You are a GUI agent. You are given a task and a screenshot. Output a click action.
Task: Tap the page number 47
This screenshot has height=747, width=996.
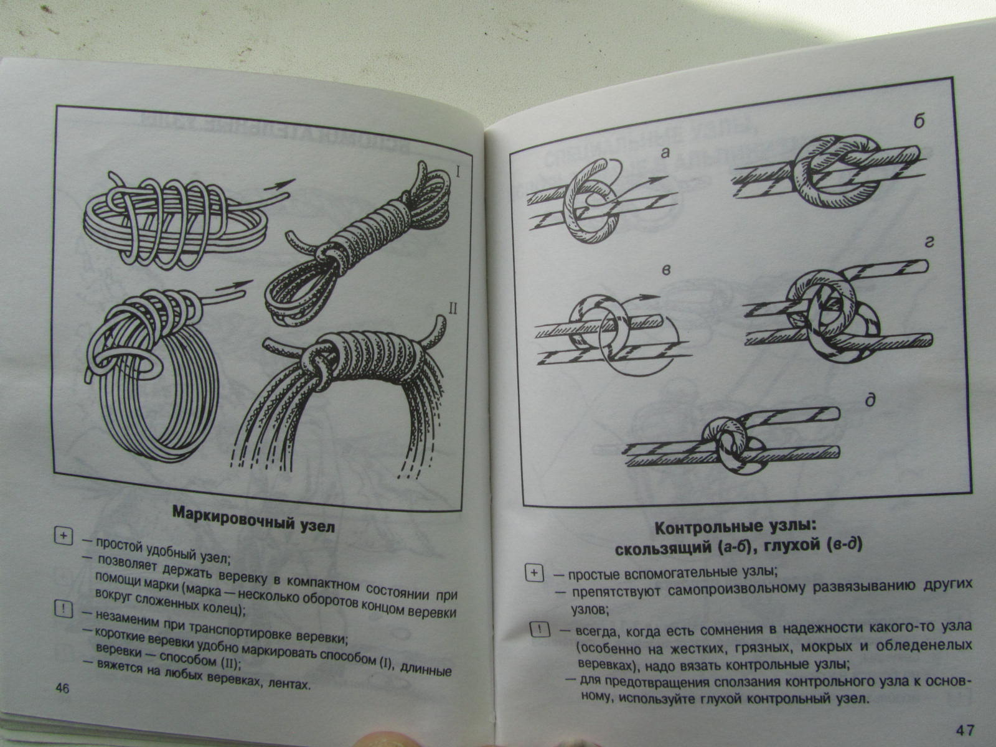(x=965, y=730)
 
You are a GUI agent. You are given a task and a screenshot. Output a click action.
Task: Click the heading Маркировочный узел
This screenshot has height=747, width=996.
(x=253, y=520)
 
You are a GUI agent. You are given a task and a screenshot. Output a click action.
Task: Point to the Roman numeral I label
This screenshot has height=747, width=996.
(x=458, y=173)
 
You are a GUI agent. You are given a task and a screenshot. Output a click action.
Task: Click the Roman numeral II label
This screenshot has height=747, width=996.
(x=453, y=309)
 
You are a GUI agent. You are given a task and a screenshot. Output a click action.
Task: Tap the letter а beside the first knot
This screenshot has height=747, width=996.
(x=664, y=153)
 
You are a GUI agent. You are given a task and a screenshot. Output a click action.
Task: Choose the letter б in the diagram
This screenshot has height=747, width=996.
(x=918, y=121)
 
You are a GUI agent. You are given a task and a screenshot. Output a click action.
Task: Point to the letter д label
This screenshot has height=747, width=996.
(x=870, y=401)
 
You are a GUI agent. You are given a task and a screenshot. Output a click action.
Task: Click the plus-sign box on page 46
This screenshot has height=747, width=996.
(x=63, y=536)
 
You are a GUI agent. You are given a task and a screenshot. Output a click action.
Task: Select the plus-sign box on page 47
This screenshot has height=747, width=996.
(x=534, y=573)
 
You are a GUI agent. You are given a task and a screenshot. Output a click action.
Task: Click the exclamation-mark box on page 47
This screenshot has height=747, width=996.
(x=540, y=629)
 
